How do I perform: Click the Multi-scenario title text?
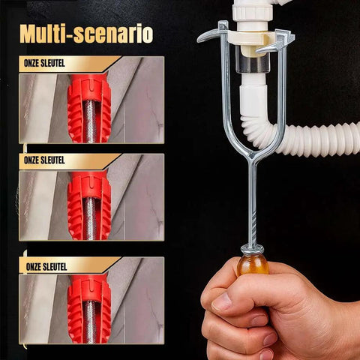point(86,34)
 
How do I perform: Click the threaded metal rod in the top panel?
point(90,120)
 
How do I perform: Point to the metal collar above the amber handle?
point(252,249)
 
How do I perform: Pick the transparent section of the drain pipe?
point(253,64)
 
